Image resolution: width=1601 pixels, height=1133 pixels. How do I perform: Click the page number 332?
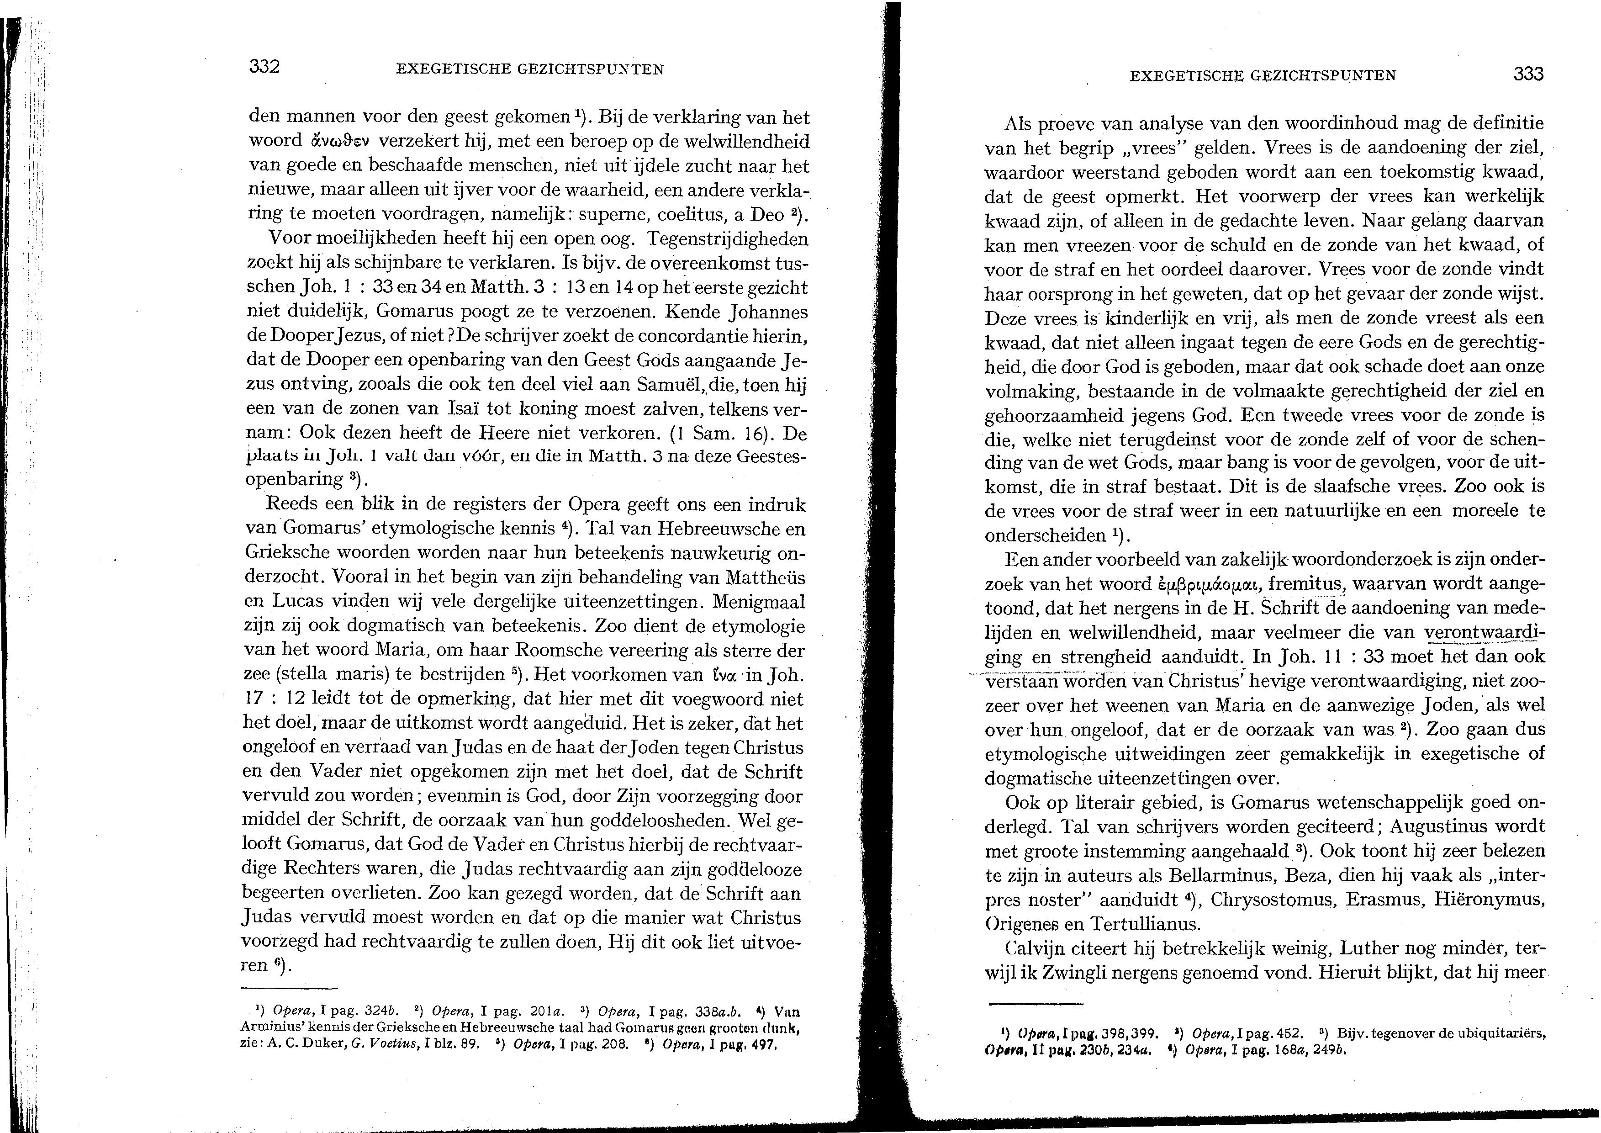[x=264, y=68]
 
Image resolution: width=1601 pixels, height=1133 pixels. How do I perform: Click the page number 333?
[x=1528, y=74]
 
